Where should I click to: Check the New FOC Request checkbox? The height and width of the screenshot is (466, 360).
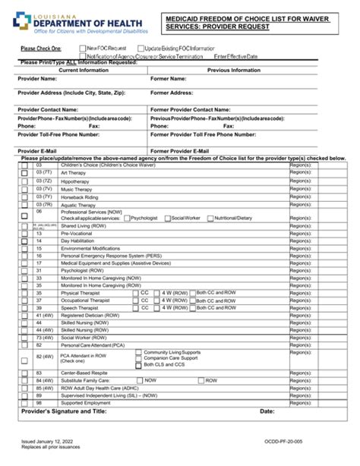(84, 48)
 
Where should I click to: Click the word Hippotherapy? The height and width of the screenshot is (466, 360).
(77, 182)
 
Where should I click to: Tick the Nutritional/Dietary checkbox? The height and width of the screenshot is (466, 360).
(210, 218)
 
